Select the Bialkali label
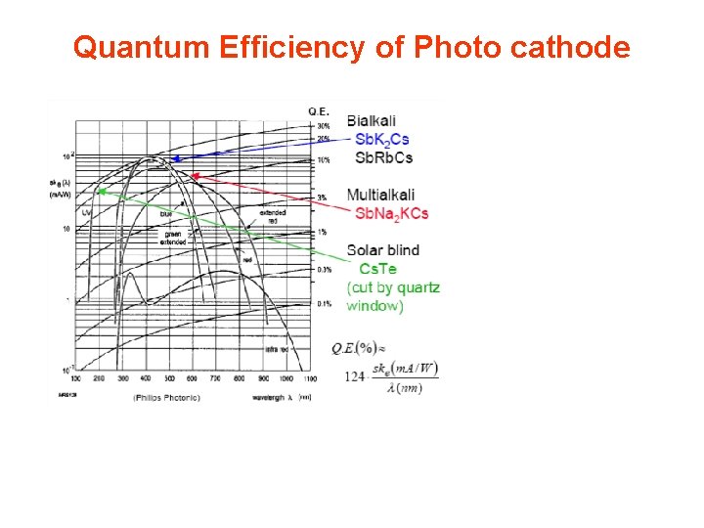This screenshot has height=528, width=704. [372, 120]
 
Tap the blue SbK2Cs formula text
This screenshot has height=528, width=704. [381, 140]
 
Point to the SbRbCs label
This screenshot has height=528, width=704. [383, 157]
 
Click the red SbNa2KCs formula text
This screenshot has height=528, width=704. [391, 214]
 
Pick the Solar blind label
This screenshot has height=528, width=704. [382, 250]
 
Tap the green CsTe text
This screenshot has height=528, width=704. [377, 269]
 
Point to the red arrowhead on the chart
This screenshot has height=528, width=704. [194, 177]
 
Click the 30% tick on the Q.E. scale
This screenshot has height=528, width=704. [324, 125]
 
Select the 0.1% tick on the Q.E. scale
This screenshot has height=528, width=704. [324, 304]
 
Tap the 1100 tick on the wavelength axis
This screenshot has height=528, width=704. [310, 377]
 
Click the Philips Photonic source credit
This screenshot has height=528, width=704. [166, 397]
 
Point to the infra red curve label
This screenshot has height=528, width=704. [278, 347]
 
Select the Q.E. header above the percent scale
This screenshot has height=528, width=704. [319, 110]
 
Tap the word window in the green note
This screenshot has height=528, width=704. [374, 306]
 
